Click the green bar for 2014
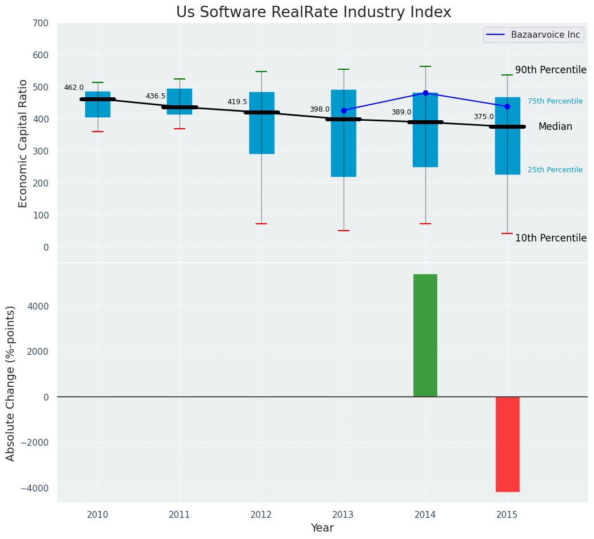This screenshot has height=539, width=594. pyautogui.click(x=425, y=335)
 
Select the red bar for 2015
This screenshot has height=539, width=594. pyautogui.click(x=507, y=444)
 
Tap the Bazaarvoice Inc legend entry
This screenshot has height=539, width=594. pyautogui.click(x=545, y=35)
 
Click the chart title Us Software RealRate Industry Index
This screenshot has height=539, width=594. pyautogui.click(x=313, y=13)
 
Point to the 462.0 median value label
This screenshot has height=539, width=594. pyautogui.click(x=74, y=88)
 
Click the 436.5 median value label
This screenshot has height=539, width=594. pyautogui.click(x=156, y=96)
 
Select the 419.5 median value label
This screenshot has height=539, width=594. pyautogui.click(x=237, y=102)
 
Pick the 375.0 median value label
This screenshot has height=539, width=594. pyautogui.click(x=484, y=117)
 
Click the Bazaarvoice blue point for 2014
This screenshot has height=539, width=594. pyautogui.click(x=425, y=93)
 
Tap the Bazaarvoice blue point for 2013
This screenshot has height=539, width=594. pyautogui.click(x=344, y=110)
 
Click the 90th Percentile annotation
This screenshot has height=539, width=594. pyautogui.click(x=551, y=70)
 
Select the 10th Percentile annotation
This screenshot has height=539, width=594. pyautogui.click(x=551, y=238)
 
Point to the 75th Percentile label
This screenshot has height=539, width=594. pyautogui.click(x=555, y=101)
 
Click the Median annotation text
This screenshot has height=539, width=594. pyautogui.click(x=555, y=127)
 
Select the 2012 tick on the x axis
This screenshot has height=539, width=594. pyautogui.click(x=261, y=515)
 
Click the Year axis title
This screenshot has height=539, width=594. pyautogui.click(x=322, y=528)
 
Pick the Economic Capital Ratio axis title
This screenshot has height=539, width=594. pyautogui.click(x=23, y=143)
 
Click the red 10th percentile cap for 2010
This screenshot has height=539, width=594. pyautogui.click(x=98, y=132)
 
